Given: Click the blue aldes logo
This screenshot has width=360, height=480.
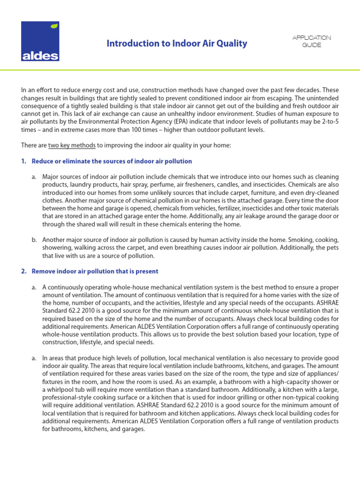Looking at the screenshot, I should [x=40, y=42].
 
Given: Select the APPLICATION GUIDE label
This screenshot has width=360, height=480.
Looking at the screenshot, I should [x=312, y=41].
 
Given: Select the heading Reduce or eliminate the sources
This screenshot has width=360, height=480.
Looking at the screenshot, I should [x=112, y=161].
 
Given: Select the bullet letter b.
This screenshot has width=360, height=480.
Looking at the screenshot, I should [x=34, y=240].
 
